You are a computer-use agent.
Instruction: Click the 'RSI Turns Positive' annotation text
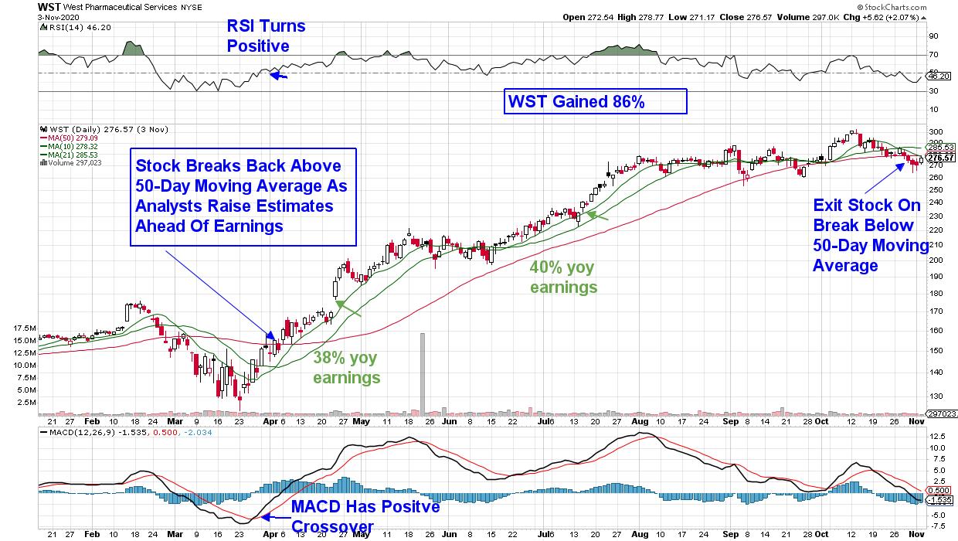tap(266, 36)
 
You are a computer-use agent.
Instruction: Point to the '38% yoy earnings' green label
tap(347, 368)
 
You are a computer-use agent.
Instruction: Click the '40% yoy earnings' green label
tap(563, 277)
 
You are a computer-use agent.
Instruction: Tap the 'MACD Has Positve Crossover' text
tap(365, 517)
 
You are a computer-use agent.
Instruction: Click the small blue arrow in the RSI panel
tap(279, 76)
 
